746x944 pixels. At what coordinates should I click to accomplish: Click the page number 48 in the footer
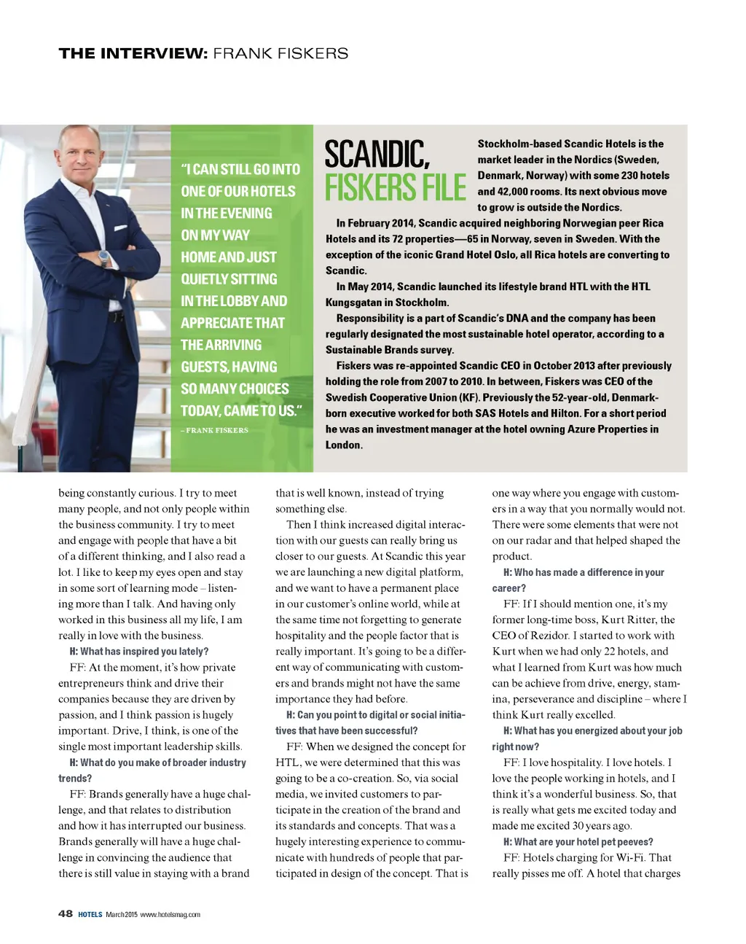click(66, 913)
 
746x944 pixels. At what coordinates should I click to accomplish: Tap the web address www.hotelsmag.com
click(170, 914)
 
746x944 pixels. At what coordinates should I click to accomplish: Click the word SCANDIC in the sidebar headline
click(377, 155)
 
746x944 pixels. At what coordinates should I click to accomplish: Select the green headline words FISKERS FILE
click(396, 188)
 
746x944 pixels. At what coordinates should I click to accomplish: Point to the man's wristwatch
click(104, 258)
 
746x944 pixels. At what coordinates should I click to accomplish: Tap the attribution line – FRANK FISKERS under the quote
click(215, 430)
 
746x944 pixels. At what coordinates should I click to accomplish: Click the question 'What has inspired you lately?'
click(144, 651)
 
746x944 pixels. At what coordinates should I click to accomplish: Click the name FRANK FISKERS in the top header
click(280, 53)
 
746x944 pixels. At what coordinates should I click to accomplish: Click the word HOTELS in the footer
click(90, 914)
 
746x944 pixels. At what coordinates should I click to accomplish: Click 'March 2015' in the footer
click(121, 914)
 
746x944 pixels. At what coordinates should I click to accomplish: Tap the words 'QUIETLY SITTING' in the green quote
click(229, 279)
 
